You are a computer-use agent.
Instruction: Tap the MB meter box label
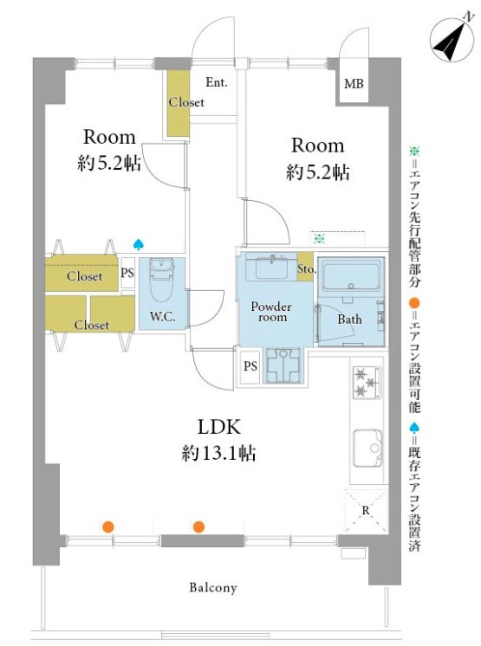coord(354,84)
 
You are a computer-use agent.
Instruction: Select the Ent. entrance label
coord(217,82)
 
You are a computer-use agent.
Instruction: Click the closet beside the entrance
coord(179,102)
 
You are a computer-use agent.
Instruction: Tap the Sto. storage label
coord(306,269)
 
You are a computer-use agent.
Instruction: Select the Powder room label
coord(271,312)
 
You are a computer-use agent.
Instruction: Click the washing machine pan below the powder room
coord(283,365)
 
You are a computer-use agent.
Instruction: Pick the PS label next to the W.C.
coord(127,272)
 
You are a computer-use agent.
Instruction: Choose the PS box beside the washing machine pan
coord(250,366)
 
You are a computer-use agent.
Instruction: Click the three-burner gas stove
coord(367,383)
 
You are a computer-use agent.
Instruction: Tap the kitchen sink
coord(367,449)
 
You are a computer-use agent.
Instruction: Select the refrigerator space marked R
coord(366,511)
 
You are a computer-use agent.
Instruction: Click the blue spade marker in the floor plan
coord(138,245)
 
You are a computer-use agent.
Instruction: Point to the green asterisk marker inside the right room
coord(319,238)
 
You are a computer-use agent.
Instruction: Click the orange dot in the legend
coord(413,304)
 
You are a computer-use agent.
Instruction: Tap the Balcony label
coord(213,587)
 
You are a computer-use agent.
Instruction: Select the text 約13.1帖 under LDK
coord(218,453)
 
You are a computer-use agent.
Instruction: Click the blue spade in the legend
coord(413,428)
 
